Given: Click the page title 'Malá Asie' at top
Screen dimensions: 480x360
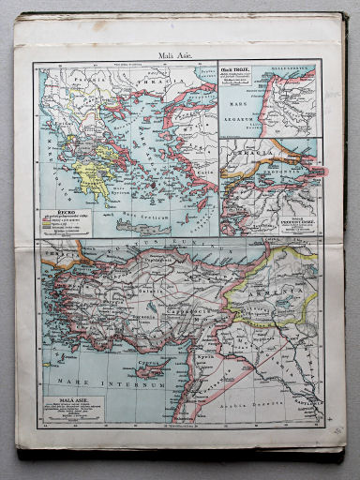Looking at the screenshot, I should pos(177,55).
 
